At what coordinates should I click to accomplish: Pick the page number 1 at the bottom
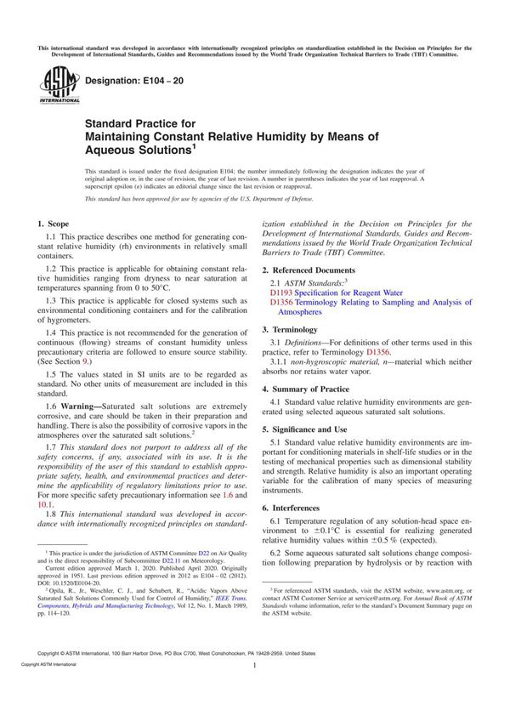click(254, 690)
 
